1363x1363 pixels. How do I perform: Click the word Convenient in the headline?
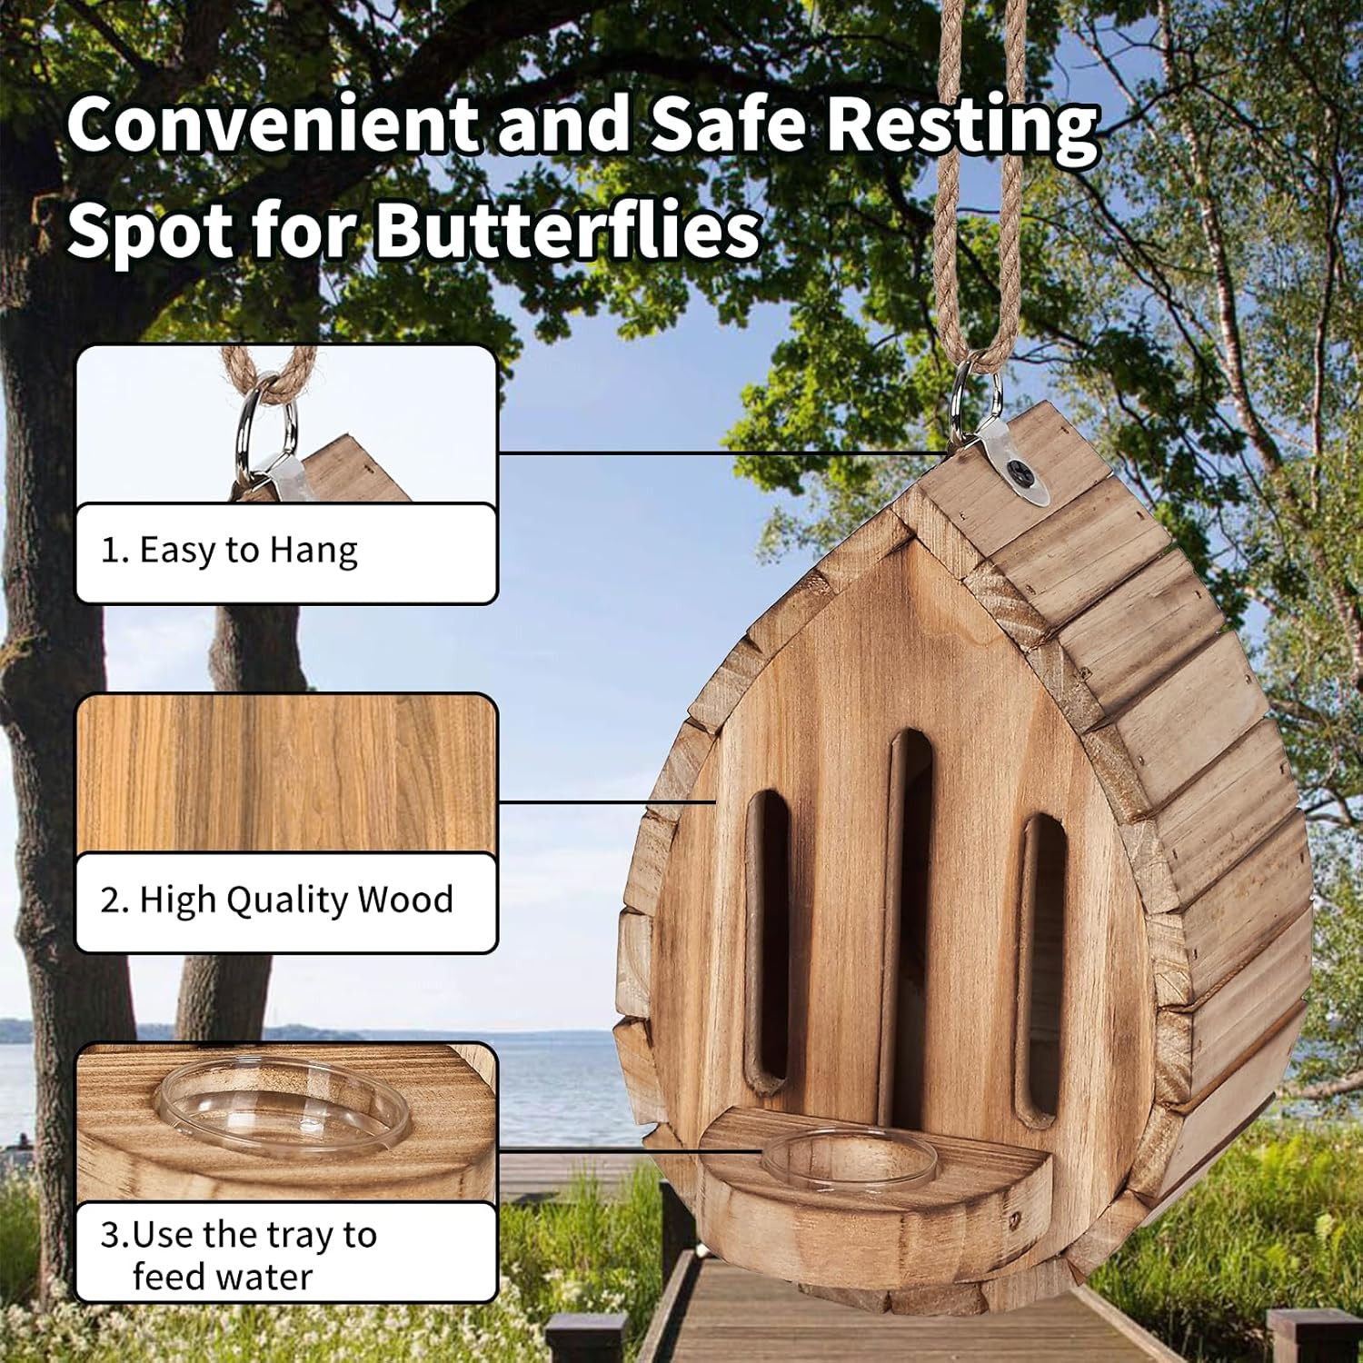(x=271, y=124)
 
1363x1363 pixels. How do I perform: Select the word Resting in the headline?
(x=962, y=124)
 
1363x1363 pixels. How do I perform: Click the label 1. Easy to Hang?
(x=229, y=551)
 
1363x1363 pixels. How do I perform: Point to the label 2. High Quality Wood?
(x=277, y=900)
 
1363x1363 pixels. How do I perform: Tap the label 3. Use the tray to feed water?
(x=239, y=1255)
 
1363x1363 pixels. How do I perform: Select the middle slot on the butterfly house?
(x=909, y=918)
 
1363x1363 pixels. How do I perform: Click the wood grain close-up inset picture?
(x=286, y=772)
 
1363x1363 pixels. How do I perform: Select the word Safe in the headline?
(x=728, y=124)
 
